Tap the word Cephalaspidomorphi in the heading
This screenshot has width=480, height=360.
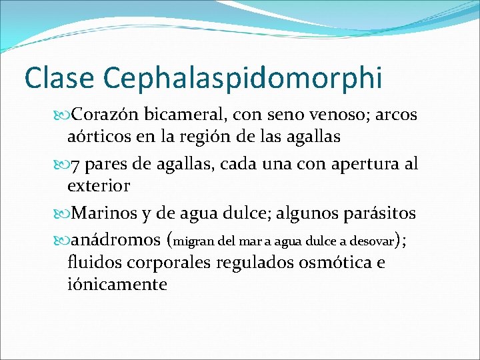pos(243,79)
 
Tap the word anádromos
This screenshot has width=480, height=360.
pos(116,239)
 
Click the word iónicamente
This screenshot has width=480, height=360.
pos(117,285)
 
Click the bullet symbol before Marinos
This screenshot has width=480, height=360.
pos(63,213)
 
